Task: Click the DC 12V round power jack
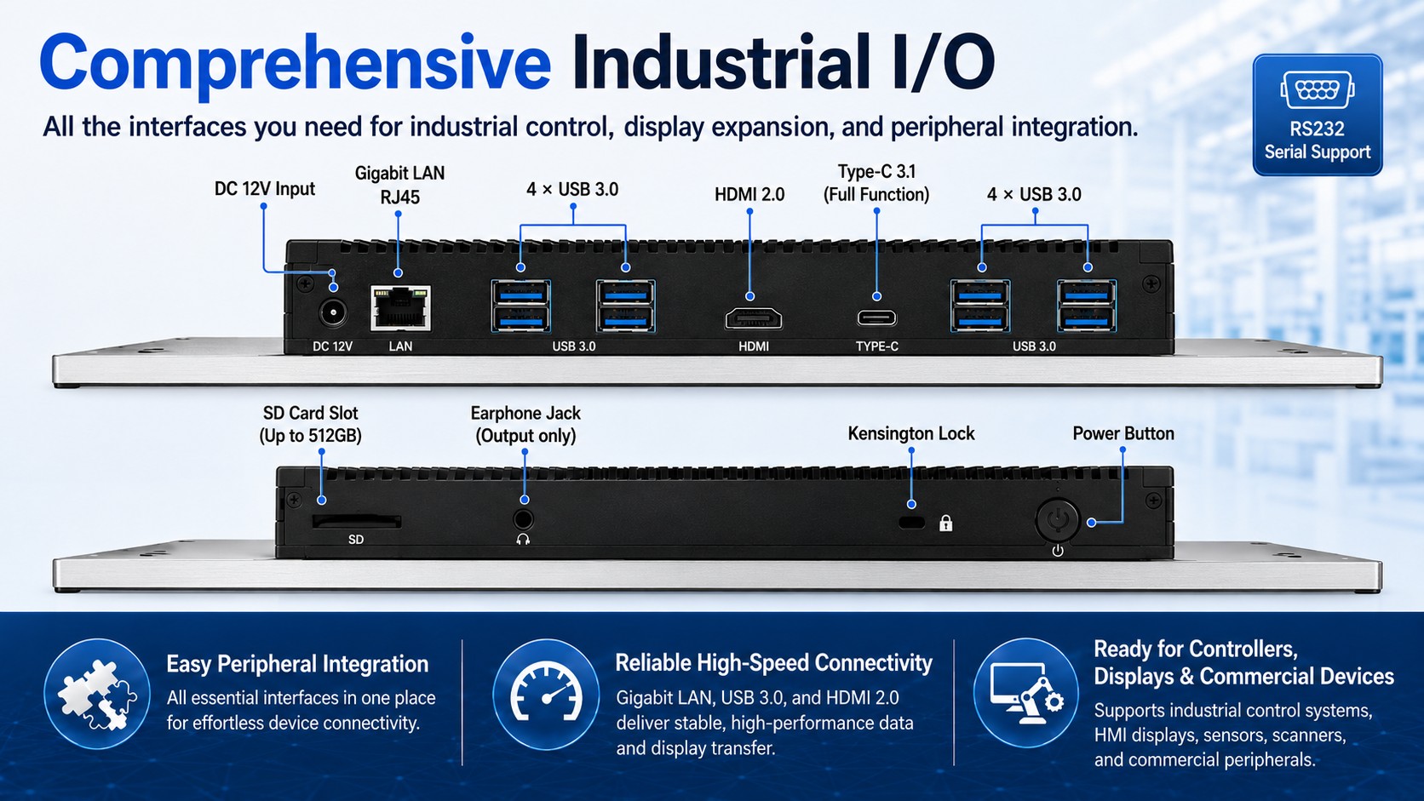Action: pyautogui.click(x=332, y=313)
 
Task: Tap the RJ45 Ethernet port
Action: pyautogui.click(x=400, y=308)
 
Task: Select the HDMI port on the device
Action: pyautogui.click(x=754, y=318)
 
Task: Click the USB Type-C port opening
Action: pyautogui.click(x=876, y=318)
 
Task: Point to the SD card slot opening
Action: pyautogui.click(x=357, y=522)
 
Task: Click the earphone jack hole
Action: pyautogui.click(x=523, y=519)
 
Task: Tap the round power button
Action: pyautogui.click(x=1057, y=520)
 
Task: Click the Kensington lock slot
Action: pyautogui.click(x=911, y=523)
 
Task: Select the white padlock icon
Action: pyautogui.click(x=946, y=523)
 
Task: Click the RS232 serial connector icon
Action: pyautogui.click(x=1318, y=90)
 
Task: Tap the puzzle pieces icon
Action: pyautogui.click(x=96, y=695)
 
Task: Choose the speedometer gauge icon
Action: pyautogui.click(x=546, y=693)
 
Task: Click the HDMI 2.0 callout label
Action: pyautogui.click(x=749, y=194)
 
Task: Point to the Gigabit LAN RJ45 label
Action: pyautogui.click(x=400, y=185)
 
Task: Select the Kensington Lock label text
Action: pyautogui.click(x=911, y=433)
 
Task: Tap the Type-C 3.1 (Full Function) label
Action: pyautogui.click(x=876, y=183)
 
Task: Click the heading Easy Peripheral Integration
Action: pyautogui.click(x=297, y=664)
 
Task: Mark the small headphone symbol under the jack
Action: pyautogui.click(x=523, y=540)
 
